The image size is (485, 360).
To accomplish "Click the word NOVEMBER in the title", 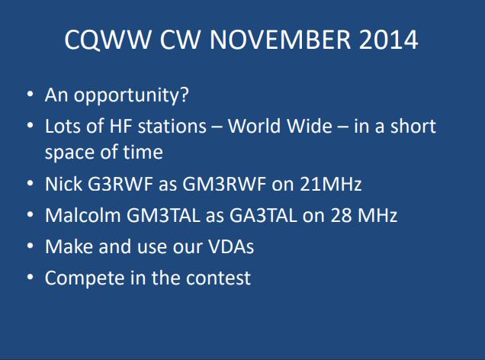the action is pyautogui.click(x=280, y=40).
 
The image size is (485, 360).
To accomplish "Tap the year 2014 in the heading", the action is pyautogui.click(x=388, y=40).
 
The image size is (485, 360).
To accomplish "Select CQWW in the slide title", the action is pyautogui.click(x=108, y=40).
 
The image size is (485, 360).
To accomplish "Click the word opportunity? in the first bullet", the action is pyautogui.click(x=131, y=95).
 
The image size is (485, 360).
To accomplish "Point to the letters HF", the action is pyautogui.click(x=120, y=126).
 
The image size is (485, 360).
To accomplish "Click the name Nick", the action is pyautogui.click(x=63, y=184).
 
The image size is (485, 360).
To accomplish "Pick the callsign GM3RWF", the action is pyautogui.click(x=224, y=184).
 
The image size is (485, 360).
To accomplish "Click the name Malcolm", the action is pyautogui.click(x=83, y=215).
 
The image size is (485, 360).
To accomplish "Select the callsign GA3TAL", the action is pyautogui.click(x=263, y=215).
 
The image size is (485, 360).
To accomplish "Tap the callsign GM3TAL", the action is pyautogui.click(x=163, y=215).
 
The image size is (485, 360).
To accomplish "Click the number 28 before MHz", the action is pyautogui.click(x=341, y=215).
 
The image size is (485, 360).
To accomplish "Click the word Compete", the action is pyautogui.click(x=84, y=278).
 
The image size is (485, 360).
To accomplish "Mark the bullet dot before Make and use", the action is pyautogui.click(x=30, y=246).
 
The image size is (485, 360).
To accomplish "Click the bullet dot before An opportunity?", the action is pyautogui.click(x=30, y=94).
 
